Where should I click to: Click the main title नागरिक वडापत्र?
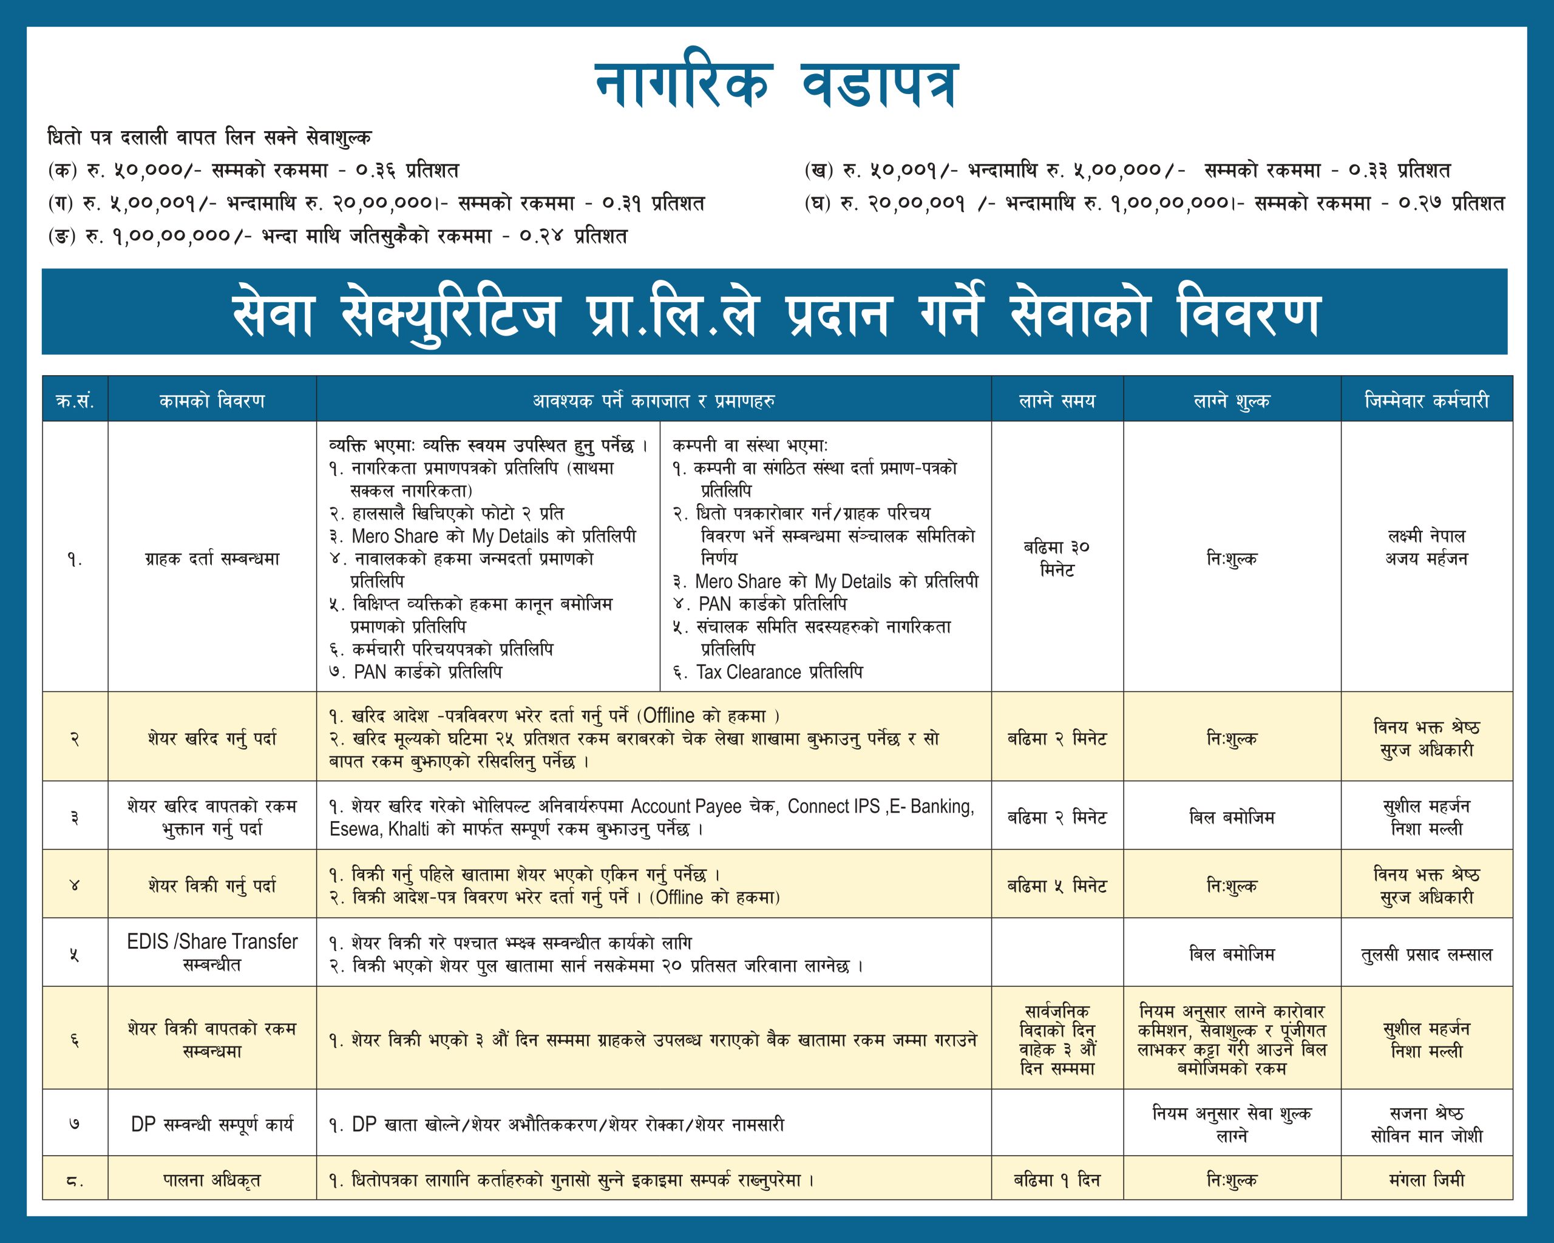point(776,85)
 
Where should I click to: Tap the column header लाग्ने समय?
point(1057,401)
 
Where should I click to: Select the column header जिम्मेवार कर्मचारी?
point(1427,401)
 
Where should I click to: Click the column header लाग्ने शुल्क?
point(1232,401)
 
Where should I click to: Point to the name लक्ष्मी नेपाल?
point(1427,536)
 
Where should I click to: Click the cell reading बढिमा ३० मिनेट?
point(1057,558)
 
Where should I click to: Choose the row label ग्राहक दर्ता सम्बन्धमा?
point(212,558)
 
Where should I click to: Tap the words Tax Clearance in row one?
point(748,672)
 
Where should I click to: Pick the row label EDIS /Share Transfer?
point(212,942)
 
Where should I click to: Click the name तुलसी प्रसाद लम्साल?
point(1427,955)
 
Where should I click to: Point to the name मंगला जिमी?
point(1427,1180)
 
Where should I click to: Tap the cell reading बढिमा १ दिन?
point(1057,1180)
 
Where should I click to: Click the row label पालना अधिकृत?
point(212,1180)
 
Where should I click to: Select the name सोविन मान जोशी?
point(1427,1136)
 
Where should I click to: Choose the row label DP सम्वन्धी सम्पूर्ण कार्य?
point(212,1124)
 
